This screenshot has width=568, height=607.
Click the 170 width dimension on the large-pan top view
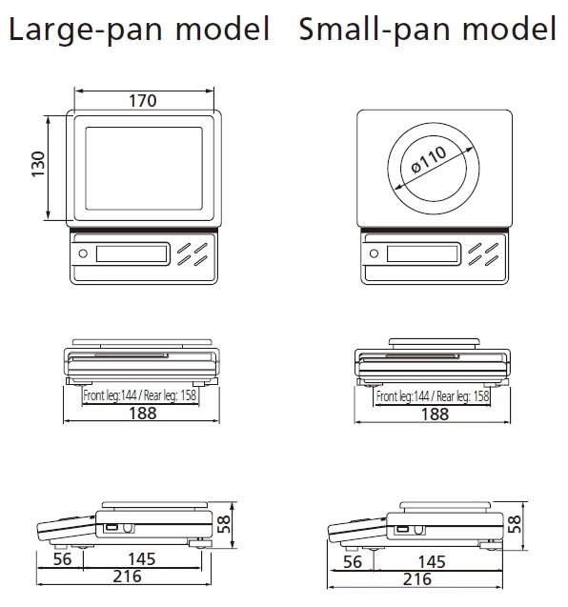(x=143, y=101)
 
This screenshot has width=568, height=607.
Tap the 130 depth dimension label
(x=38, y=165)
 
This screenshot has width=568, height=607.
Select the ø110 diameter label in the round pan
(x=429, y=160)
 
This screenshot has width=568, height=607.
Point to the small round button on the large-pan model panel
(x=83, y=253)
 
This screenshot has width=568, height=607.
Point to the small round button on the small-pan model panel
(x=374, y=253)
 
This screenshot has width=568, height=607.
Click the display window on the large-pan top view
(x=132, y=253)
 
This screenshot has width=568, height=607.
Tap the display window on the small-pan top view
(x=422, y=253)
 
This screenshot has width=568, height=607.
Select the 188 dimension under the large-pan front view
(x=143, y=413)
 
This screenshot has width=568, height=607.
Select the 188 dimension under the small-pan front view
(x=435, y=414)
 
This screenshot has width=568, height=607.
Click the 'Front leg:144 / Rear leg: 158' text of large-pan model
(x=140, y=395)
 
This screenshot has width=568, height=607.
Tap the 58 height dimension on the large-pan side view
(x=223, y=524)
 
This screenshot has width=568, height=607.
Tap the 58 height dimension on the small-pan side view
(x=515, y=524)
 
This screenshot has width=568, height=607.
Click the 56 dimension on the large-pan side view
(x=62, y=559)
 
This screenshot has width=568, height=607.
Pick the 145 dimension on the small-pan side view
(x=432, y=562)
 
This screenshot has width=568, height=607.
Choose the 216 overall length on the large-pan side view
(x=128, y=577)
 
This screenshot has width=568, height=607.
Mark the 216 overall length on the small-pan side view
(x=417, y=579)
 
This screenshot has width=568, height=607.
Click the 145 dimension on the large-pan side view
(x=142, y=559)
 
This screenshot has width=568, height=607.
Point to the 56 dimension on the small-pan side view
(x=353, y=562)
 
